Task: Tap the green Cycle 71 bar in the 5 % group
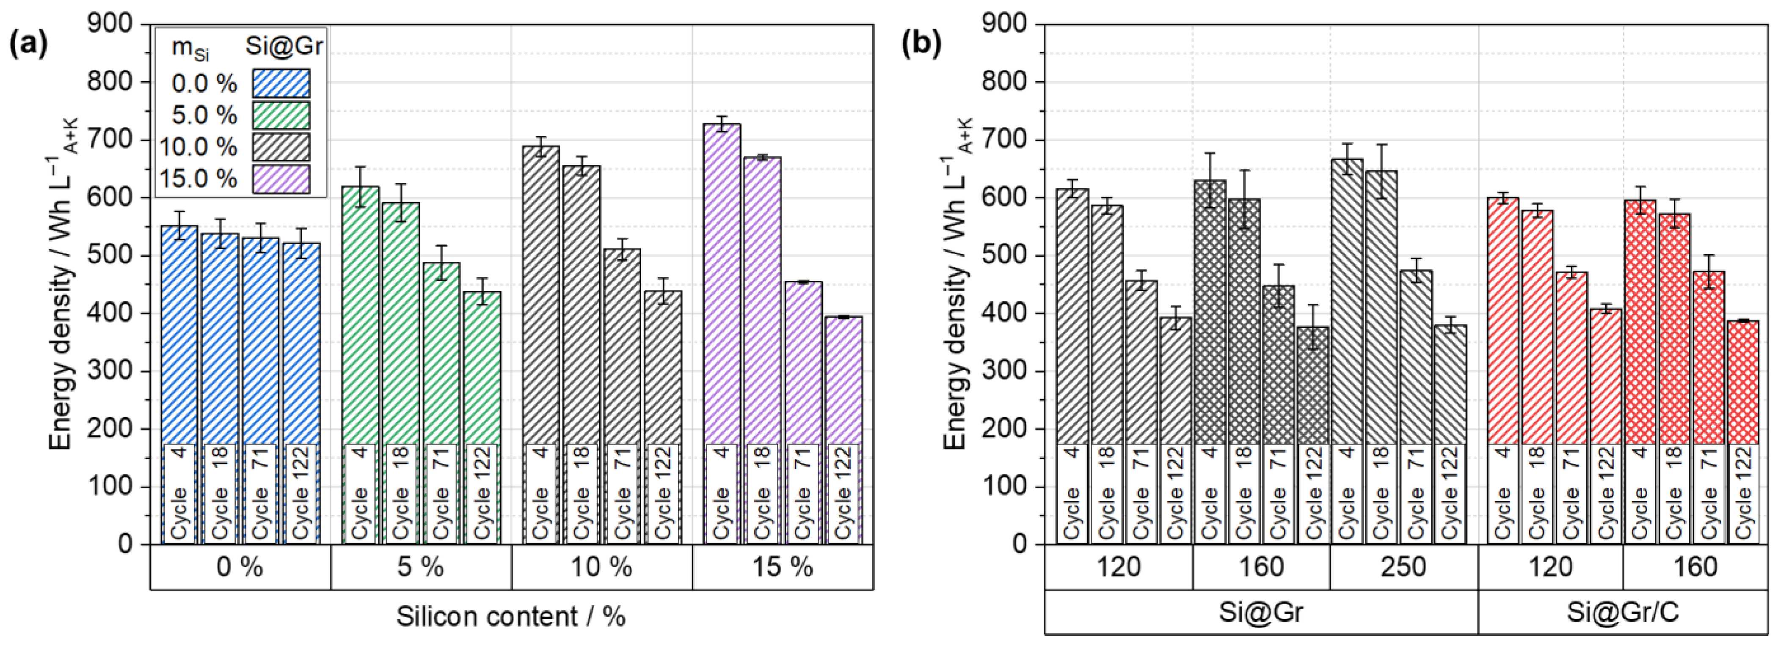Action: point(442,403)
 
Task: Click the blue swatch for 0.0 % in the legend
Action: point(281,83)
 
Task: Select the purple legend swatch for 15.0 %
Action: point(281,179)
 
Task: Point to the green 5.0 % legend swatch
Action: point(281,115)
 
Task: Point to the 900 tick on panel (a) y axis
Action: point(110,24)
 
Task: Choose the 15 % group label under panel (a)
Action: point(783,567)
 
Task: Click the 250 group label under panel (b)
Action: point(1404,567)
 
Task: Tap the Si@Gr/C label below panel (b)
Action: point(1627,612)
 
